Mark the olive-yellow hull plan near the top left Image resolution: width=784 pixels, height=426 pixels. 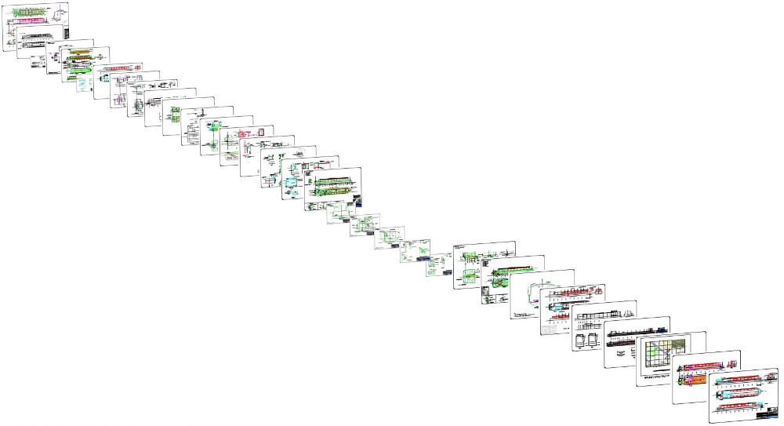[x=78, y=56]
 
